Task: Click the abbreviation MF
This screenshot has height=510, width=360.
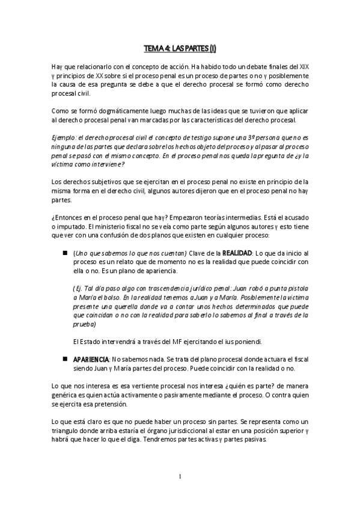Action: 174,342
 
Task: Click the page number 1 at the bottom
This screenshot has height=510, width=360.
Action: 180,478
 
